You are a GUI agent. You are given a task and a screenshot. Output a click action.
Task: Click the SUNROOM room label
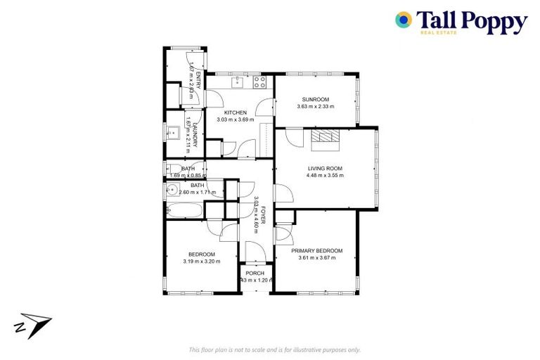point(316,98)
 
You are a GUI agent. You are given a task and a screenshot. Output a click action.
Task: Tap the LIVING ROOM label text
point(325,168)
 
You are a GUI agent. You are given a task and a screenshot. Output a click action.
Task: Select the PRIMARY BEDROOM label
point(316,251)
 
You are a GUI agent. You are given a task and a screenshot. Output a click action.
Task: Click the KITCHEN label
point(235,112)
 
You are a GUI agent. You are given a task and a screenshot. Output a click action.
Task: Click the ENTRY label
point(198,79)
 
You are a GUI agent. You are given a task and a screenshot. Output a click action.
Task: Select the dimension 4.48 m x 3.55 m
point(325,176)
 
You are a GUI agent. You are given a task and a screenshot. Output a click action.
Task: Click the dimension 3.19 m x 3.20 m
point(201,262)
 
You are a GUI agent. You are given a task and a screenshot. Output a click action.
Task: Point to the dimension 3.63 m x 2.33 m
point(316,106)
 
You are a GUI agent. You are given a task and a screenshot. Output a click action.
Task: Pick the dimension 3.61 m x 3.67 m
point(316,258)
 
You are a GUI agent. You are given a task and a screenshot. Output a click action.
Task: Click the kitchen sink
point(237,84)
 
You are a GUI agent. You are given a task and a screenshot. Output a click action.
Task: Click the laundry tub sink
point(173,131)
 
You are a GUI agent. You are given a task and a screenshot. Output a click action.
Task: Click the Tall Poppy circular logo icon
point(404,20)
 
